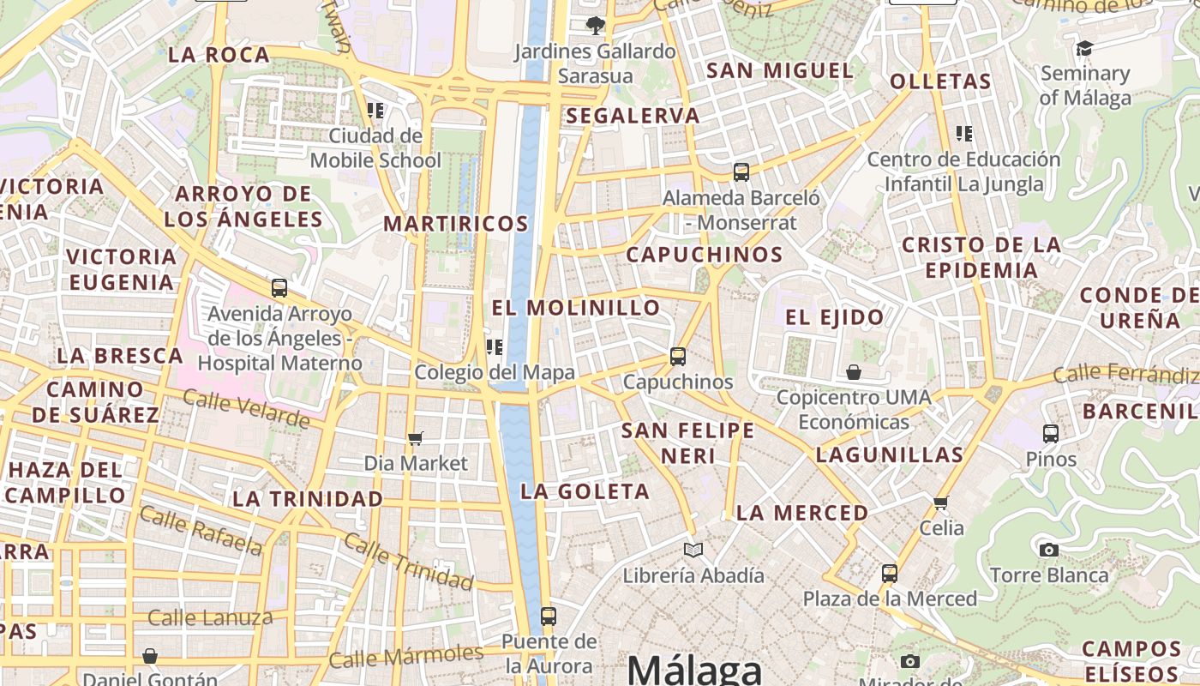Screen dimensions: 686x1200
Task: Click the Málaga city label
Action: point(694,670)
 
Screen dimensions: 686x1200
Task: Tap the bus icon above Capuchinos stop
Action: point(678,356)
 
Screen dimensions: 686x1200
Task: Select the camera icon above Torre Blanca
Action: point(1048,550)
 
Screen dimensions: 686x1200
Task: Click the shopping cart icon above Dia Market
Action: point(416,439)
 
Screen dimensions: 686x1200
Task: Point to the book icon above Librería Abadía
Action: point(693,550)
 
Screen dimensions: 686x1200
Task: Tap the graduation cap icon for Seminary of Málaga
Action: point(1084,48)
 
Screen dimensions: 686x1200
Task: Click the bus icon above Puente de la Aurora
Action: point(549,616)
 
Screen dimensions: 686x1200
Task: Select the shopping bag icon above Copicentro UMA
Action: point(854,372)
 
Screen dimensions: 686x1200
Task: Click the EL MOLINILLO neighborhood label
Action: point(576,308)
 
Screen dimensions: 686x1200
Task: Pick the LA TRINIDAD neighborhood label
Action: point(308,498)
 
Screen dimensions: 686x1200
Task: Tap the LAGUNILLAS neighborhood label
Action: point(890,454)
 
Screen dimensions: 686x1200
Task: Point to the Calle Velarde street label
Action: point(246,409)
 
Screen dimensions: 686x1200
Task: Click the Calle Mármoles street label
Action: point(406,656)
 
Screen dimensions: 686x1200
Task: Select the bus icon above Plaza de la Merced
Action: point(890,573)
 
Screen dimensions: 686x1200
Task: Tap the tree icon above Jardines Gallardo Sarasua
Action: point(595,26)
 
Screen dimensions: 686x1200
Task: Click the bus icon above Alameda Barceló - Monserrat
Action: point(741,171)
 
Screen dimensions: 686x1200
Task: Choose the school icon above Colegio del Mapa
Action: point(495,347)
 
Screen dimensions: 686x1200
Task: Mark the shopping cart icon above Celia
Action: point(941,502)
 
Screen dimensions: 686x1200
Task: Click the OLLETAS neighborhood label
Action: point(940,82)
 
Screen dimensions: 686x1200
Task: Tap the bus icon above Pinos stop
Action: point(1051,434)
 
